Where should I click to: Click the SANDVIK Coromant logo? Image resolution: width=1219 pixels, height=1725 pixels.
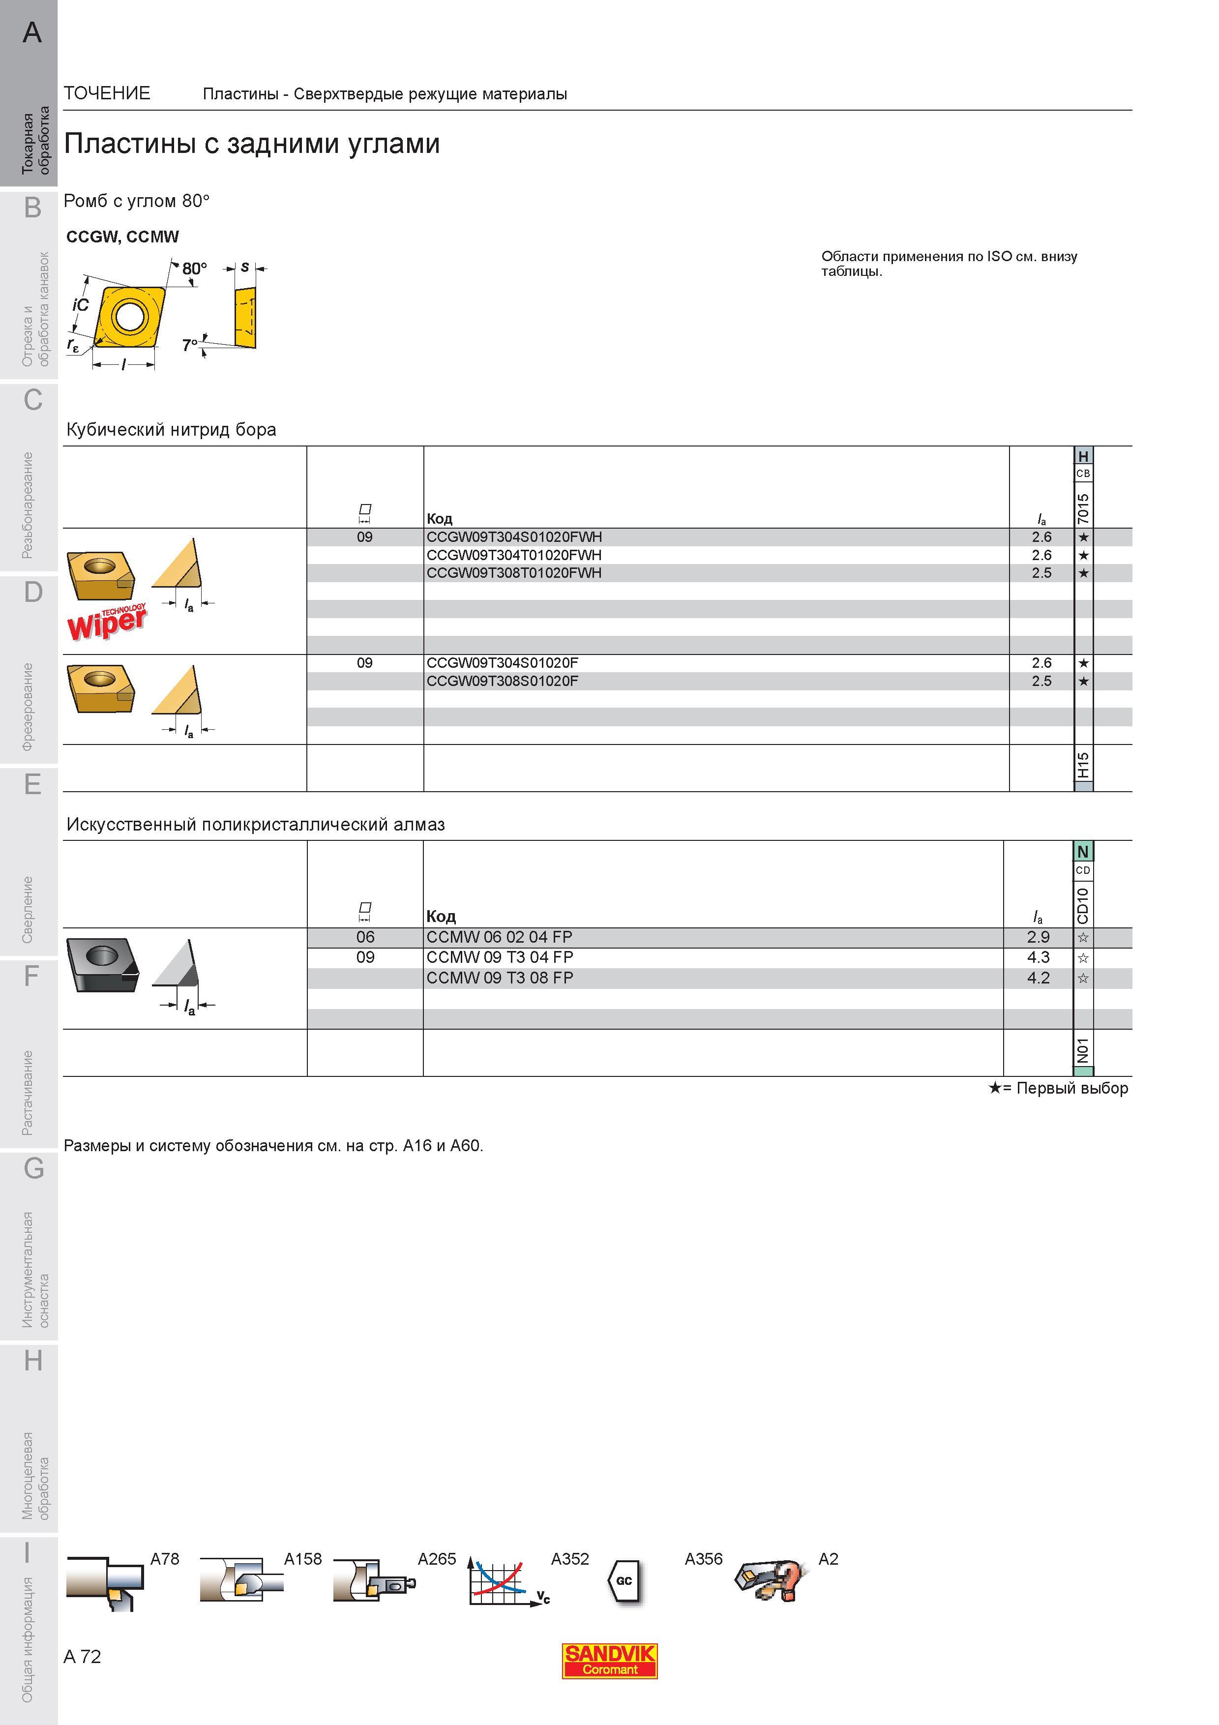point(609,1660)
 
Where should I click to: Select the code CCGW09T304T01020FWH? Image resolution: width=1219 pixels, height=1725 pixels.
point(514,555)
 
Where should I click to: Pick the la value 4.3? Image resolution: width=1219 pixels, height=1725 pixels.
point(1038,957)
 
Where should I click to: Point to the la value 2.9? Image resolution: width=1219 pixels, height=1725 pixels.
point(1038,937)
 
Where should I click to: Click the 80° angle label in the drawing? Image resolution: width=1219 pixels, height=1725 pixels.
point(194,268)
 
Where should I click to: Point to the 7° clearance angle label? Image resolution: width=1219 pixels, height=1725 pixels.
point(190,345)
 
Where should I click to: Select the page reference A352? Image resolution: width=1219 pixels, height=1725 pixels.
point(570,1559)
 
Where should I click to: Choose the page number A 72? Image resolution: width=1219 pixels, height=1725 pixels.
point(83,1657)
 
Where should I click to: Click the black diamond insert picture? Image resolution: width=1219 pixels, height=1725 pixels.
point(102,965)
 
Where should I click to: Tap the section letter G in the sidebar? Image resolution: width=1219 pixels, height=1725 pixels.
point(33,1169)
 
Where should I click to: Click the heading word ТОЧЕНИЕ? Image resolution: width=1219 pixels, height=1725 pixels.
point(107,93)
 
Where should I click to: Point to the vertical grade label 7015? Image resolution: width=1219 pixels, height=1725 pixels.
point(1083,508)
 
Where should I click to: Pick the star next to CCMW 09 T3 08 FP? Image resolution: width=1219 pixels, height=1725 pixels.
point(1083,978)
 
